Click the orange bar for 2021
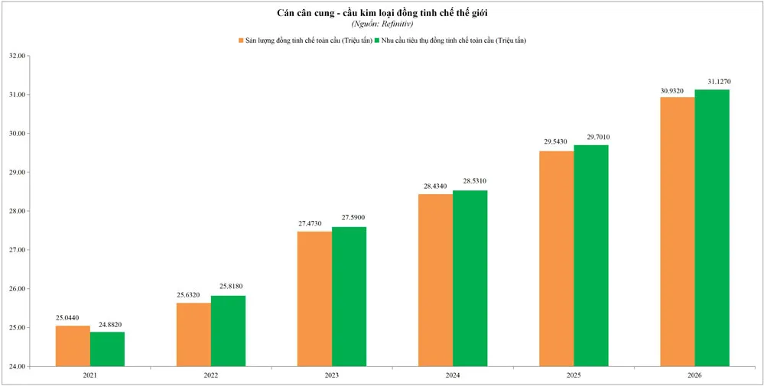[x=73, y=346]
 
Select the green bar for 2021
[x=107, y=349]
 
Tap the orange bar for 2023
[x=314, y=299]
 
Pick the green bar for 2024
[x=470, y=278]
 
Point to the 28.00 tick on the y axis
[x=16, y=211]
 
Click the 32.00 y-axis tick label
[x=16, y=56]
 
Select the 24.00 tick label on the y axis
[x=16, y=366]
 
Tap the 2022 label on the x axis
[x=211, y=375]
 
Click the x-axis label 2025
[x=574, y=375]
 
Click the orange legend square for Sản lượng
[x=240, y=40]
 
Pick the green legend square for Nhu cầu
[x=375, y=40]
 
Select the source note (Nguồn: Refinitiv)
[x=382, y=24]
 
